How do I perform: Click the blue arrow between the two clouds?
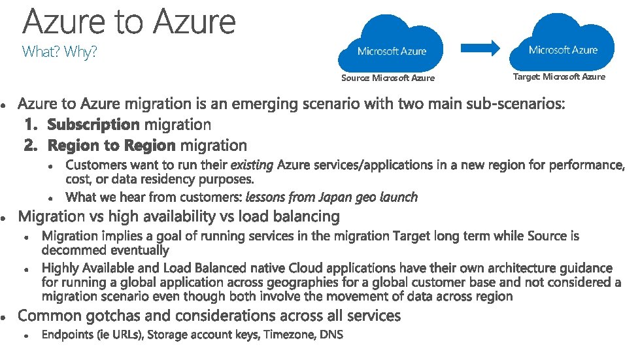click(x=481, y=48)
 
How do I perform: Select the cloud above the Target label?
click(x=563, y=42)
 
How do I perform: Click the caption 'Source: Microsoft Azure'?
click(x=388, y=78)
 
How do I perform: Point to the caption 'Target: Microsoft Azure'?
click(x=559, y=77)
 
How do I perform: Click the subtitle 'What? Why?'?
click(x=59, y=52)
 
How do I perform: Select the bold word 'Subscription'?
click(x=94, y=124)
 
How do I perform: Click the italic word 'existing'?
click(x=252, y=165)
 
